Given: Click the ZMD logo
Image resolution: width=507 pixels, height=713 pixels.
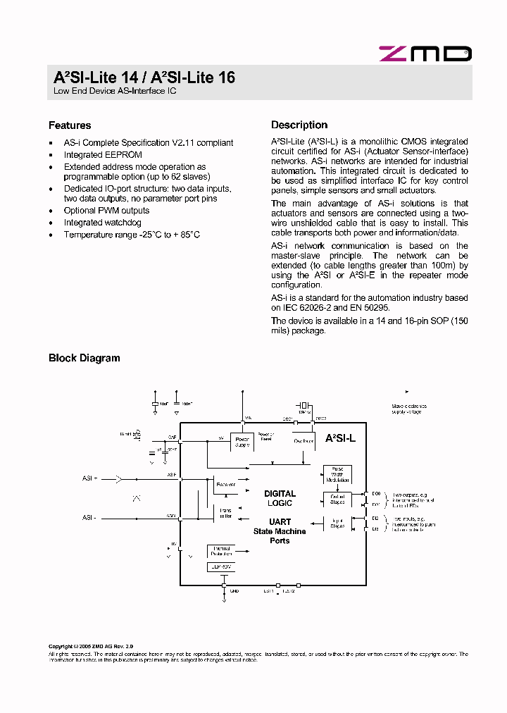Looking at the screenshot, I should (x=425, y=54).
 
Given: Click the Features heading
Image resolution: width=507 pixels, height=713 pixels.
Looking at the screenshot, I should (x=70, y=125).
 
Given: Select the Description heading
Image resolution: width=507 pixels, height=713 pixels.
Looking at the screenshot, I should (x=299, y=125).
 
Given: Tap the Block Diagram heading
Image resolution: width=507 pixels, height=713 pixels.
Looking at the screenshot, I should (x=84, y=358).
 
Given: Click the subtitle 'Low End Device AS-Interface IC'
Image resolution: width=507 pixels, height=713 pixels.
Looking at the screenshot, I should (x=115, y=92).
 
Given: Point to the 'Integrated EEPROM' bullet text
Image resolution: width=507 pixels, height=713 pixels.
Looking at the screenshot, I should (x=103, y=155).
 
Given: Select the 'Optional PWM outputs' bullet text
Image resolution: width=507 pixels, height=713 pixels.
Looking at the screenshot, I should (x=106, y=211).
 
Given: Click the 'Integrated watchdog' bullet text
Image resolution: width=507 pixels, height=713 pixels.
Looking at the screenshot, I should (x=102, y=223).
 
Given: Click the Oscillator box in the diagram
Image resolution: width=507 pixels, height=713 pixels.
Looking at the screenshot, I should (x=303, y=441).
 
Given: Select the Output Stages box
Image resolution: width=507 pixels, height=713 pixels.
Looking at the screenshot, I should (x=336, y=499).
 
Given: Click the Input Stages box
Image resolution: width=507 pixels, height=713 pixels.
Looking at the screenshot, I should (x=336, y=523).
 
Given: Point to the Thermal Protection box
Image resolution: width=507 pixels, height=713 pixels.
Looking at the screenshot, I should (x=221, y=551).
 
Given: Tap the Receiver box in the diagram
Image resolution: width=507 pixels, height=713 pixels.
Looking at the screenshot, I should (x=226, y=485).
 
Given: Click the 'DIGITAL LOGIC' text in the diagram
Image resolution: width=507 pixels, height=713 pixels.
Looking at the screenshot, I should (x=280, y=498).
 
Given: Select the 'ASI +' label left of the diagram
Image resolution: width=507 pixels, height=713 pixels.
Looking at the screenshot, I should (x=89, y=478).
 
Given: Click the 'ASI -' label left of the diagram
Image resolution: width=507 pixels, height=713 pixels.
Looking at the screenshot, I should (x=89, y=517).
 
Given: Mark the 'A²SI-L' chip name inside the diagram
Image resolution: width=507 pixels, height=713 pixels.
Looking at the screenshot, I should (x=340, y=438).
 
